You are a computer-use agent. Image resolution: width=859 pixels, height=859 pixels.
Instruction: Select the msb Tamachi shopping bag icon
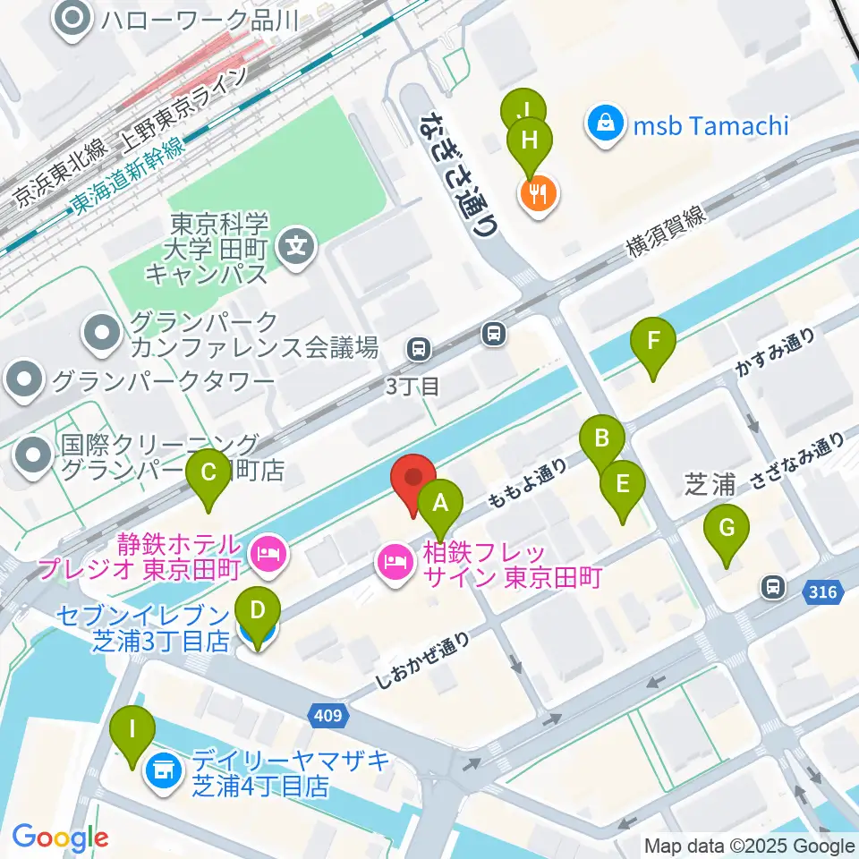point(606,123)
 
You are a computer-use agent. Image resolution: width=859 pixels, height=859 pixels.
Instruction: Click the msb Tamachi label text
point(712,124)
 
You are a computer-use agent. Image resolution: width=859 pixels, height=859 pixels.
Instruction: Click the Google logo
point(60,837)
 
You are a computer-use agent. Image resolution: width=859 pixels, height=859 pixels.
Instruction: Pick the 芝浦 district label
point(710,484)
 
